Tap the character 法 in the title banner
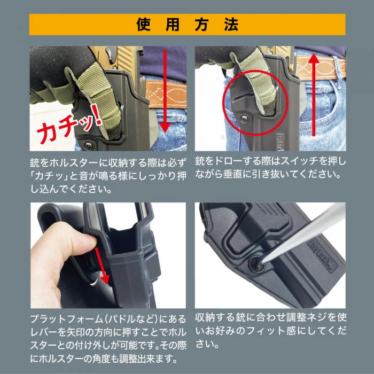[230, 25]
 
